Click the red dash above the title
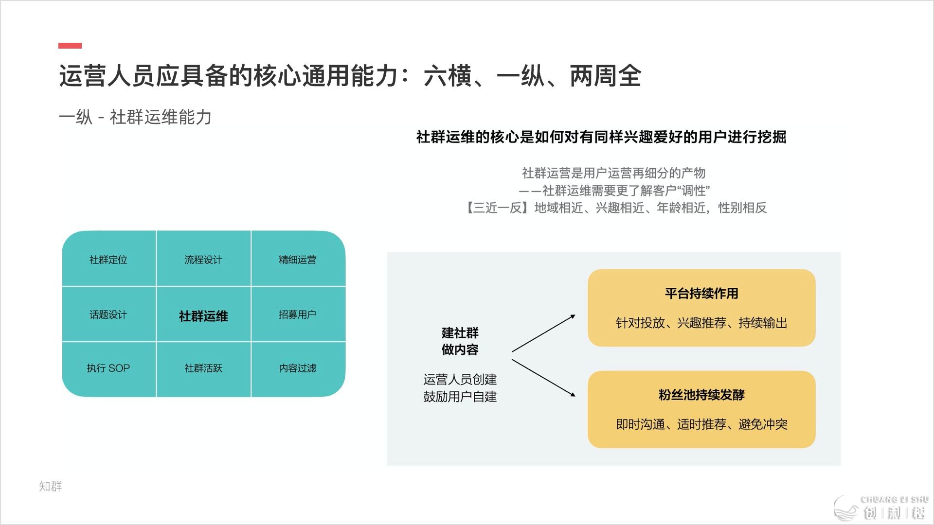coord(70,46)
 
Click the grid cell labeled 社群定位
coord(108,260)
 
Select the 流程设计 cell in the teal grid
coord(203,260)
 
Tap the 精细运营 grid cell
coord(298,260)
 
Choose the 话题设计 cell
coord(108,315)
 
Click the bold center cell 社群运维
coord(203,316)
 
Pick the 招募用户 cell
coord(298,315)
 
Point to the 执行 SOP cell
coord(108,368)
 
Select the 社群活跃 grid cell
coord(203,368)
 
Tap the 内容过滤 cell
coord(298,368)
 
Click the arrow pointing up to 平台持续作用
coord(543,333)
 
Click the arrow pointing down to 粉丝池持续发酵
coord(543,378)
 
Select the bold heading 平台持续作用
coord(701,293)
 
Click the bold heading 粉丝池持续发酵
coord(701,395)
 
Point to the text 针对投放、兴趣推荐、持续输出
coord(701,323)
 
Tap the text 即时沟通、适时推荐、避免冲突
coord(701,424)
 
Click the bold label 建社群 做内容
coord(460,341)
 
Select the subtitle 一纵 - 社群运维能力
coord(135,117)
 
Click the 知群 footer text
coord(51,486)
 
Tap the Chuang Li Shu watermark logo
coord(881,508)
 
